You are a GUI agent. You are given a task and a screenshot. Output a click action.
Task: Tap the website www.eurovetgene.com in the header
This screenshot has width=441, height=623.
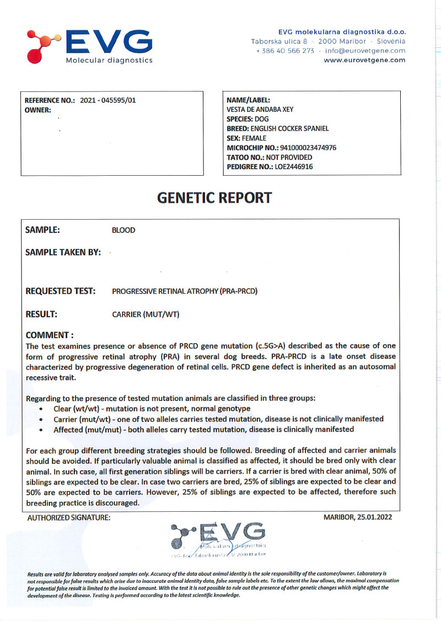coord(364,60)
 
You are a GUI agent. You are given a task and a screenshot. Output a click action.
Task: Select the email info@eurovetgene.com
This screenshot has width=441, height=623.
coord(365,51)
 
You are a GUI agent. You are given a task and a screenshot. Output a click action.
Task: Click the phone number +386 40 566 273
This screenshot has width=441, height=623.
coord(285,51)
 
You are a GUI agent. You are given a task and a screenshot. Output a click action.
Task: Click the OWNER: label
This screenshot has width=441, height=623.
coord(38,110)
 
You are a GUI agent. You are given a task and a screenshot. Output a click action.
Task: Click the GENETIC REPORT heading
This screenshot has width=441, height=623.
coord(214,198)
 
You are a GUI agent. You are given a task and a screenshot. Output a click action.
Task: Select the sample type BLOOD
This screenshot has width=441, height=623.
coord(123,230)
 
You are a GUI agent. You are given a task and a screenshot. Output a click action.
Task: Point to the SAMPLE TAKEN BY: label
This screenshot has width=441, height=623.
coord(63,252)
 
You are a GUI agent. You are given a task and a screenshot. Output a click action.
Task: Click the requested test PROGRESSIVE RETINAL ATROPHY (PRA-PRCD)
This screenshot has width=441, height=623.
coord(185,291)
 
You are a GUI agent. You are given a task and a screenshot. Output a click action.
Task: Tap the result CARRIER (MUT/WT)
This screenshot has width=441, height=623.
coord(146,315)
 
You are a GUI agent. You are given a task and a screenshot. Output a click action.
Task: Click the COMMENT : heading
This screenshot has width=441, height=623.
coord(50,335)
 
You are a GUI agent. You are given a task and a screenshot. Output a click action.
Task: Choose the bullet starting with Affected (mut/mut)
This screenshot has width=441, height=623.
coord(203,429)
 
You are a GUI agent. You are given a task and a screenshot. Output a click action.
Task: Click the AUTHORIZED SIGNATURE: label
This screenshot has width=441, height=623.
coord(68,517)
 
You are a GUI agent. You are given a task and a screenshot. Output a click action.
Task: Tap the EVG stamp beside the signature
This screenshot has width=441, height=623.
coord(219,539)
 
